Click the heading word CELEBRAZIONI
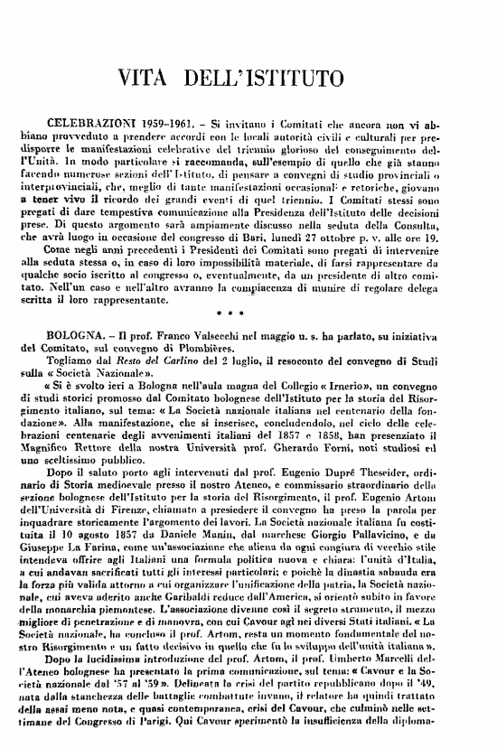[x=87, y=119]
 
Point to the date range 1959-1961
[x=161, y=119]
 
